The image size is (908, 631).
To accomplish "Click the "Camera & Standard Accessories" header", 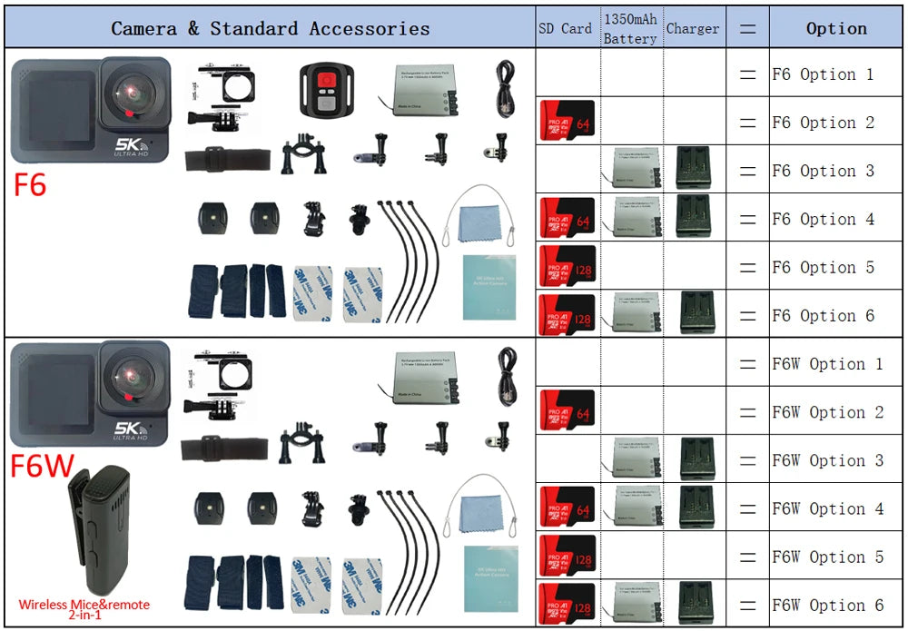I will [270, 28].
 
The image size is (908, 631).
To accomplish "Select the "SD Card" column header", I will [565, 28].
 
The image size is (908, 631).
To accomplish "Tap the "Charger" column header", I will [693, 28].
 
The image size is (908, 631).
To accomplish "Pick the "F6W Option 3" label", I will [827, 460].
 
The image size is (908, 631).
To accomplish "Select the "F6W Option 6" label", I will [827, 606].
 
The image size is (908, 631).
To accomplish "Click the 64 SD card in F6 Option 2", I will [567, 122].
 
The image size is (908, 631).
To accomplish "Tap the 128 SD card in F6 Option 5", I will [567, 266].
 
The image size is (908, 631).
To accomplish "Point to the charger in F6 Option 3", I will [694, 170].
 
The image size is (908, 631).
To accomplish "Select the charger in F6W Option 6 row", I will [696, 604].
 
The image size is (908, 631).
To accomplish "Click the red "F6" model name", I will [30, 184].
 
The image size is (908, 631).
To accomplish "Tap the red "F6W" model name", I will [42, 466].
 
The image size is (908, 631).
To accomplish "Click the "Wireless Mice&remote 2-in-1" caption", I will [84, 609].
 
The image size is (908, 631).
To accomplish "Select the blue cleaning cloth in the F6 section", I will [480, 223].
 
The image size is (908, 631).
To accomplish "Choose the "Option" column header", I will [836, 28].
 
